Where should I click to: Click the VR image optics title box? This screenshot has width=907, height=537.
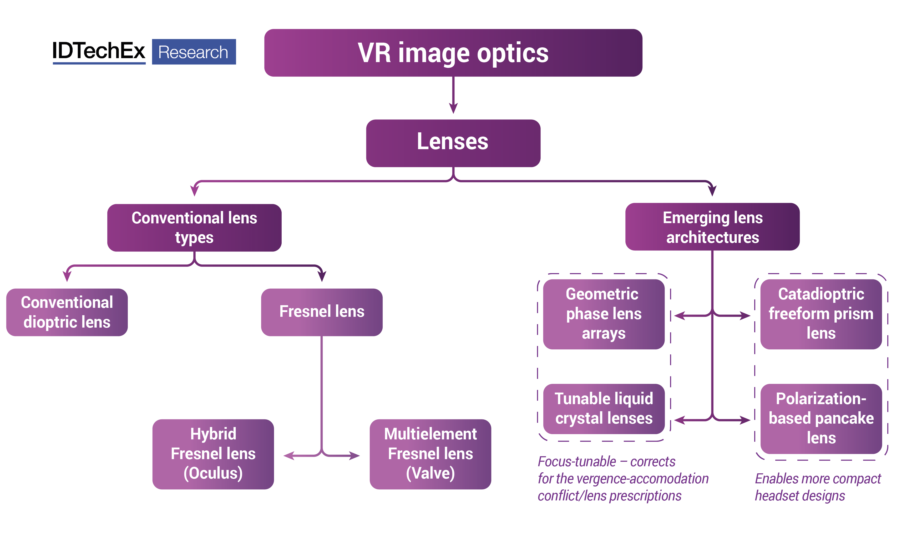coord(453,53)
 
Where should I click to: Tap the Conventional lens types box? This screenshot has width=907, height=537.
coord(194,228)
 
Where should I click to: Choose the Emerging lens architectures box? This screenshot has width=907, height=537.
coord(712,227)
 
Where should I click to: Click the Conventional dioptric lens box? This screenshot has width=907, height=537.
coord(67,312)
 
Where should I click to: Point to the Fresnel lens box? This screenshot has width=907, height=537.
coord(322,312)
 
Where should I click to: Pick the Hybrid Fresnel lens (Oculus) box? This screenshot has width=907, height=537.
coord(213,454)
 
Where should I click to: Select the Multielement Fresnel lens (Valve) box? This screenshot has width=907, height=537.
coord(430,454)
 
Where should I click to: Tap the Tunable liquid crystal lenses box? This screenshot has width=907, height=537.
coord(604,409)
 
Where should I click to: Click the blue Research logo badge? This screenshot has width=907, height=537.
coord(194,52)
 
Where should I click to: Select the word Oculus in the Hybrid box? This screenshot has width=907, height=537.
coord(213,473)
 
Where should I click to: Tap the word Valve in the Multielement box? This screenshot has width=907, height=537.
coord(430,473)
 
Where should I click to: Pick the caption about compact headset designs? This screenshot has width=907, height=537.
coord(817,487)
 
